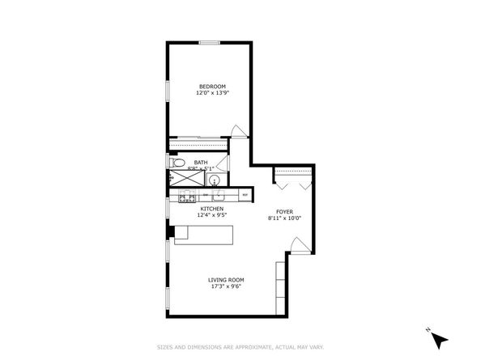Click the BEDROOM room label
coord(211,87)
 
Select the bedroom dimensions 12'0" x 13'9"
coord(211,93)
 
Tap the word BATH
coord(200,162)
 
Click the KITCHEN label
coord(211,209)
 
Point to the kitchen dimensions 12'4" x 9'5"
coord(211,215)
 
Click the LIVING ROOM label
coord(226,279)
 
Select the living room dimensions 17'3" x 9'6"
coord(226,286)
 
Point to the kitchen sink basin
coord(218,196)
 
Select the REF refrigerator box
coord(245,195)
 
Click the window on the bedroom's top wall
coord(210,43)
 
